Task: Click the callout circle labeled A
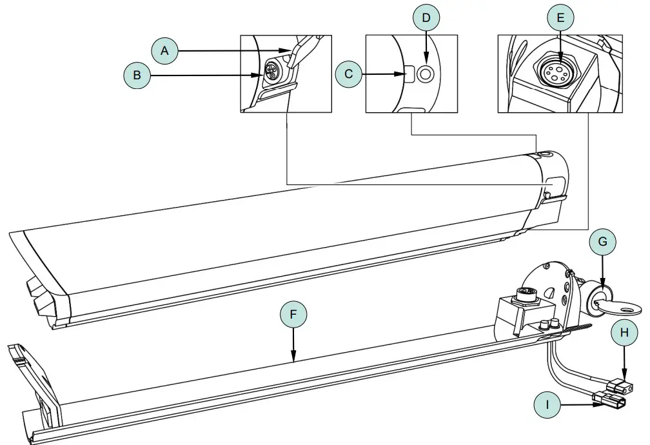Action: tap(164, 50)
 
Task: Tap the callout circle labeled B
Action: tap(137, 75)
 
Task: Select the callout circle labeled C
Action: tap(349, 74)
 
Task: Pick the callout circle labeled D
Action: tap(426, 17)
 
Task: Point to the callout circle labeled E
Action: tap(560, 17)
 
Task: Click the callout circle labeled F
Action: tap(293, 314)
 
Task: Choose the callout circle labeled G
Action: tap(603, 241)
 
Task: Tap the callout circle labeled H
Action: tap(624, 332)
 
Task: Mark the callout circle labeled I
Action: tap(547, 404)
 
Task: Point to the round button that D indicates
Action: tap(425, 74)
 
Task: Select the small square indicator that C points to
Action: tap(409, 74)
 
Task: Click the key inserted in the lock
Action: tap(617, 306)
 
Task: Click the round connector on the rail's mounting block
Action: tap(523, 296)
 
